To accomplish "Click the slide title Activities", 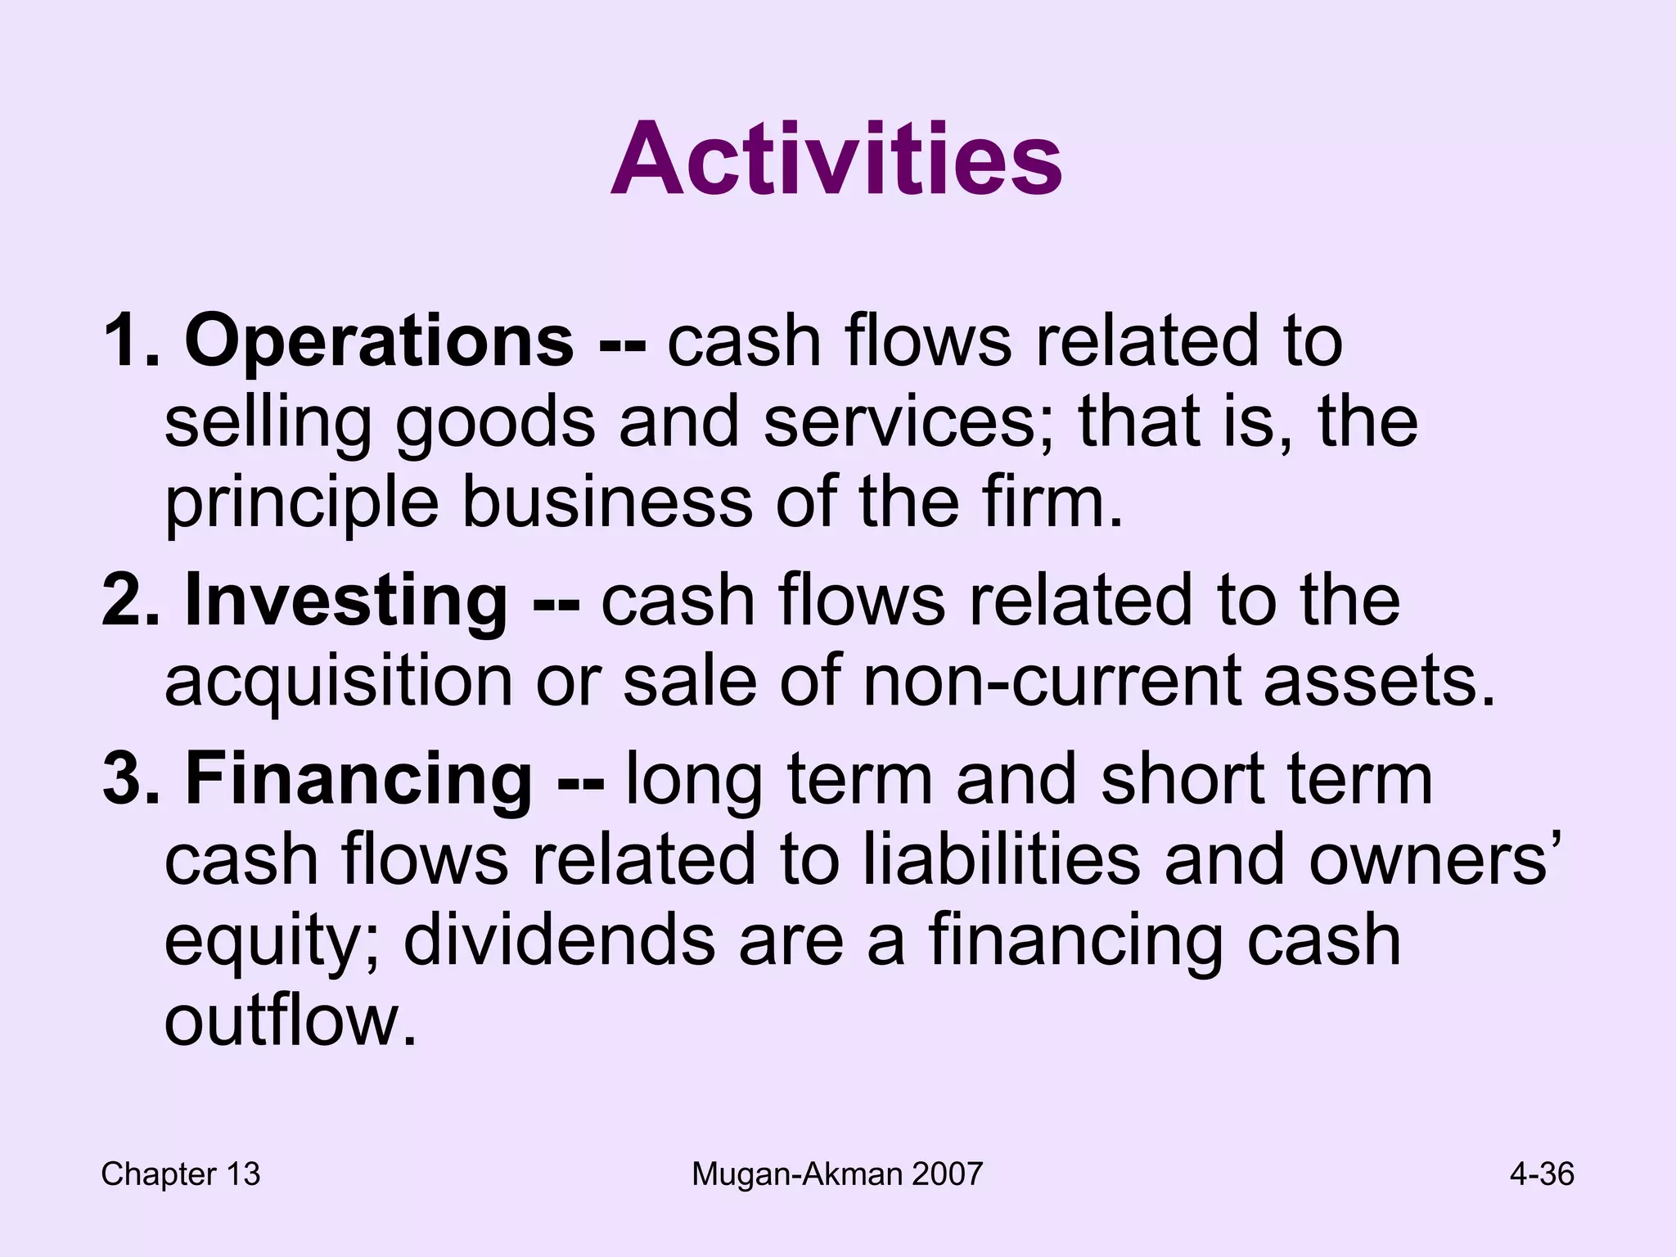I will tap(836, 159).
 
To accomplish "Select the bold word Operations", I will tap(379, 340).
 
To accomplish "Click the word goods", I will tap(496, 424).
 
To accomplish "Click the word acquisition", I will tap(338, 683).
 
